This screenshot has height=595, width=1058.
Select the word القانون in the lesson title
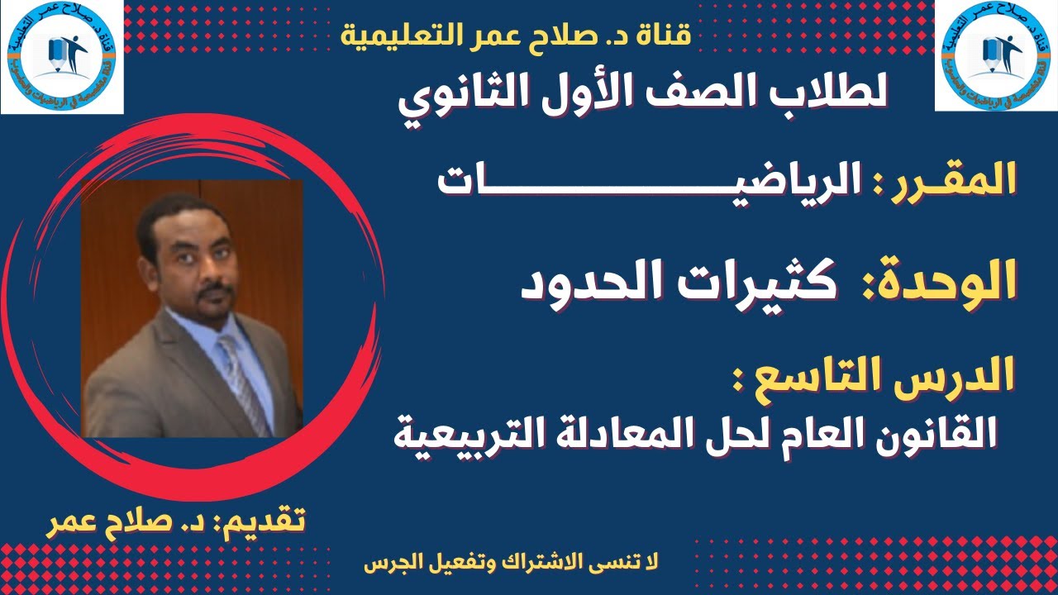(925, 433)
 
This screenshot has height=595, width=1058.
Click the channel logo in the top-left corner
(62, 56)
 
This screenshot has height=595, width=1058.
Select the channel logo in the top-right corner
(995, 56)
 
